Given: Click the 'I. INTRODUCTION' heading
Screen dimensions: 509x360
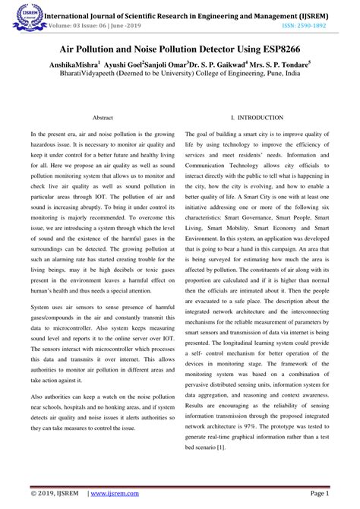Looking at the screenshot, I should (x=256, y=119).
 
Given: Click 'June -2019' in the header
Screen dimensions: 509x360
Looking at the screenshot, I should (x=125, y=24).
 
